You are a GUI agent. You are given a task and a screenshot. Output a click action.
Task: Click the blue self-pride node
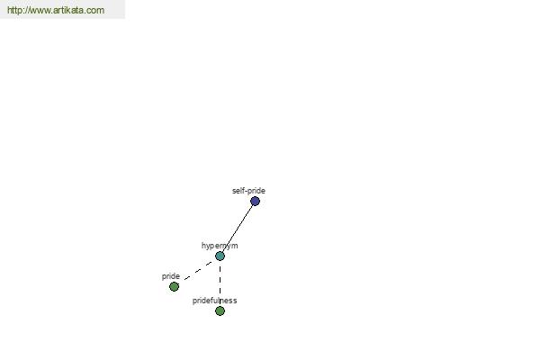coord(255,202)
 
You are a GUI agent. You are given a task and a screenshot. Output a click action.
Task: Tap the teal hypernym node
coord(220,256)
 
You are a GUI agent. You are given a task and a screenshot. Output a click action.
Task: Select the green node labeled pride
coord(175,286)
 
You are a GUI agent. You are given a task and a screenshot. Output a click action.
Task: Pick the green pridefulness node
coord(220,311)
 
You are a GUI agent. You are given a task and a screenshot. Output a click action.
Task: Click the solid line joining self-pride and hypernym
coord(238,229)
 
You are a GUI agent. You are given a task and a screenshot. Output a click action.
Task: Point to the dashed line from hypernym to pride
coord(198,271)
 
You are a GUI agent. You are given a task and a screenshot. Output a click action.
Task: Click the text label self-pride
coord(248,191)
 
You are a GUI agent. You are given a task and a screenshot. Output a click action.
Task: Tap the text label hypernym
coord(220,246)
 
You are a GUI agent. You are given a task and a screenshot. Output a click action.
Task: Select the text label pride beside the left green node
coord(171,276)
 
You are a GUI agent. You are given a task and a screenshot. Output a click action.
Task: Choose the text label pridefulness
coord(214,301)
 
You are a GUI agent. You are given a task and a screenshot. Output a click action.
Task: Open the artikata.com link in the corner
coord(56,10)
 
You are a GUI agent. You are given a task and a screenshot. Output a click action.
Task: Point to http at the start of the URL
coord(13,10)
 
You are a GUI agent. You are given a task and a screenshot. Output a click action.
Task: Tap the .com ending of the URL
coord(94,10)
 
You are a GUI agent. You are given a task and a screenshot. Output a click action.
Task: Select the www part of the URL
coord(39,11)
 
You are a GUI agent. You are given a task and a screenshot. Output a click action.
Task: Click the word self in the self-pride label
coord(238,191)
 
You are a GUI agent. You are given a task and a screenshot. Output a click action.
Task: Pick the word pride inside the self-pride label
coord(256,191)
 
